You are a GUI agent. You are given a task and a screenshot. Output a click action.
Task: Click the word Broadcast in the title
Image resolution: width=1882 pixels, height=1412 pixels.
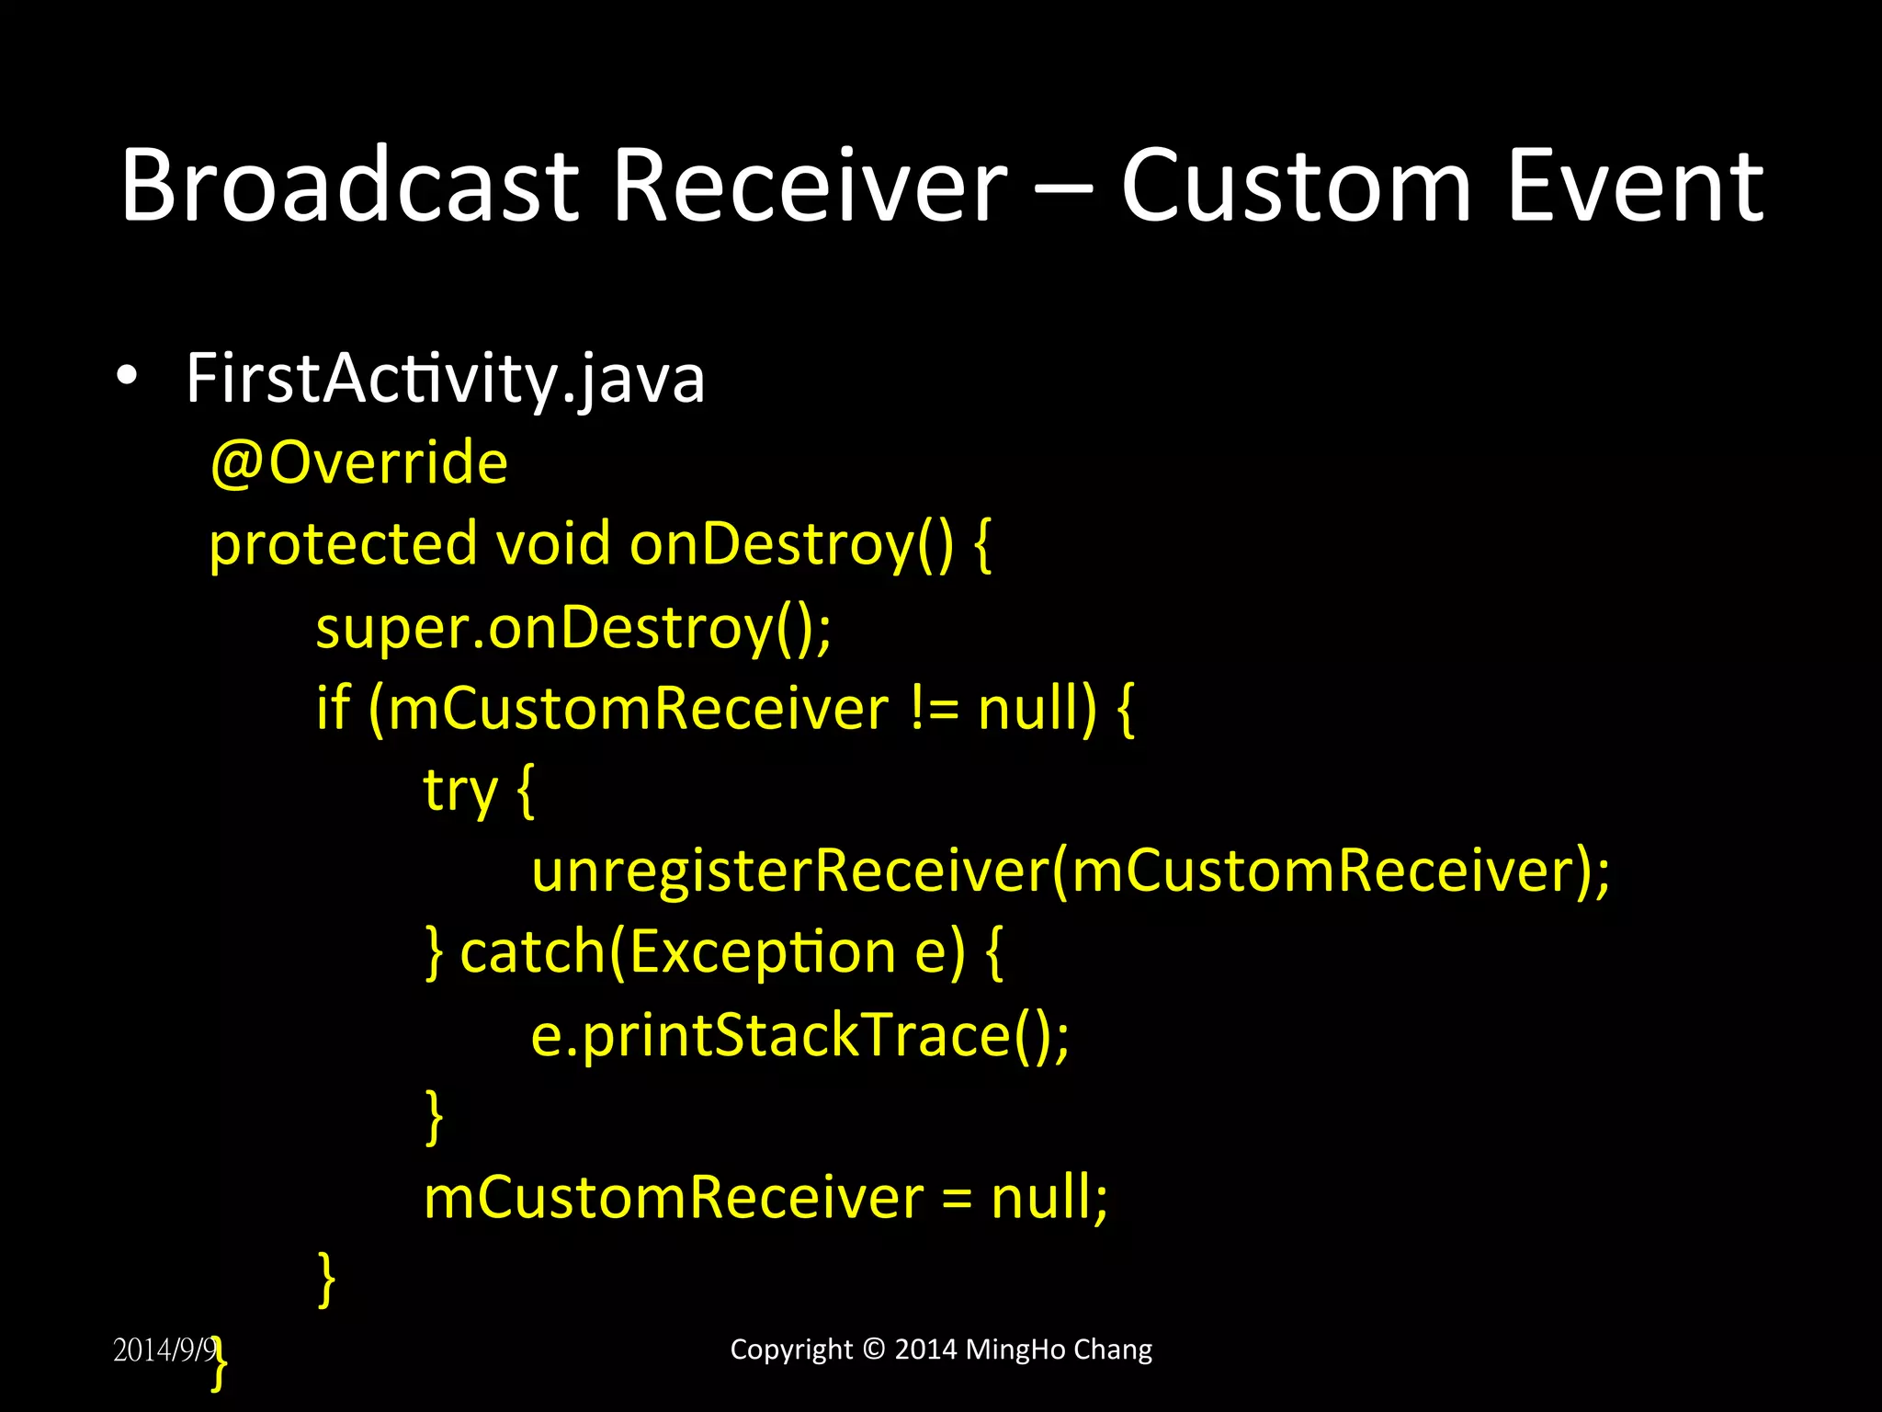tap(349, 186)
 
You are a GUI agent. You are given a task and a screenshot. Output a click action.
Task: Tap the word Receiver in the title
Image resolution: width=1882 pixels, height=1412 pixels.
tap(810, 186)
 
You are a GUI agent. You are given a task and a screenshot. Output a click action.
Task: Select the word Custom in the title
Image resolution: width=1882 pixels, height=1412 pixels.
tap(1297, 186)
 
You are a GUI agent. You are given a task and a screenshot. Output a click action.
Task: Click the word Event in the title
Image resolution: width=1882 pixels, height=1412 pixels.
tap(1636, 186)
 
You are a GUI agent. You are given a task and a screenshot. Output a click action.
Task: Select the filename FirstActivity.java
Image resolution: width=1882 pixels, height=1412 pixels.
tap(445, 379)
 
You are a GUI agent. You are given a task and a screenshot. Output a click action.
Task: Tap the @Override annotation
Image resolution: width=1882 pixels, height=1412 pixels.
tap(358, 462)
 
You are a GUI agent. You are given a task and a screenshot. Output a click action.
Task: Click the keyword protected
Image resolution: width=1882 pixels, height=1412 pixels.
tap(343, 544)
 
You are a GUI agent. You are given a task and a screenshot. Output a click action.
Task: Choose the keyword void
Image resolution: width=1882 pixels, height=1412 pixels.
tap(552, 544)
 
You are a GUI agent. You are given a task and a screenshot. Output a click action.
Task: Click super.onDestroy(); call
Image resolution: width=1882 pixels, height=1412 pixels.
tap(573, 628)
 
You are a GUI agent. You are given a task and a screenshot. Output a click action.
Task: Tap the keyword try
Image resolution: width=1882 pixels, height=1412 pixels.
tap(459, 791)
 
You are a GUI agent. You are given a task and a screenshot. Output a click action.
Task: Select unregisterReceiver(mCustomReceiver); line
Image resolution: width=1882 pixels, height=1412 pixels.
tap(1071, 870)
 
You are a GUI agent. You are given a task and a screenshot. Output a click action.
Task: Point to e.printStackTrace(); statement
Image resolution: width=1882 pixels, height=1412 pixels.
tap(800, 1035)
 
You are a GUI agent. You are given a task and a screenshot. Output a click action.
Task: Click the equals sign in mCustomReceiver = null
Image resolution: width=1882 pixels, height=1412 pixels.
tap(956, 1199)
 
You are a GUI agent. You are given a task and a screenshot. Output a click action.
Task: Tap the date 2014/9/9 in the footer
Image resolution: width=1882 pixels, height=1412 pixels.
tap(164, 1349)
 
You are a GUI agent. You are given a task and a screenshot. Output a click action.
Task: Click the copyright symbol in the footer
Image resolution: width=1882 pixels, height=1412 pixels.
tap(874, 1349)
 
